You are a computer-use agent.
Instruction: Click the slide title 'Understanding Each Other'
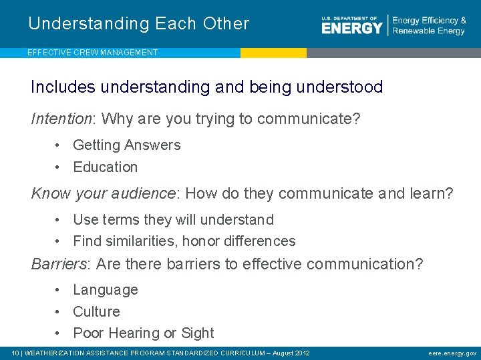coord(138,24)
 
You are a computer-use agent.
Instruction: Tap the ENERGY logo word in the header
coord(351,27)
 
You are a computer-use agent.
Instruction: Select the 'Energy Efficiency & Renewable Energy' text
coord(429,26)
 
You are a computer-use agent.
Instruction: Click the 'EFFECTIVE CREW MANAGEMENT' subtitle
coord(93,53)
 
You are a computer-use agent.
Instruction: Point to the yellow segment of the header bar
coord(273,53)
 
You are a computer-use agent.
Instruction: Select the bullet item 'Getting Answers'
coord(126,145)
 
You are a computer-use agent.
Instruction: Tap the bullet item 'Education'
coord(105,167)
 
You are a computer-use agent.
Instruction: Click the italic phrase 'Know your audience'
coord(103,194)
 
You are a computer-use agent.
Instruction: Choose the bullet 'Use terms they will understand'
coord(173,220)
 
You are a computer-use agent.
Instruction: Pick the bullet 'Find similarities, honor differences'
coord(184,241)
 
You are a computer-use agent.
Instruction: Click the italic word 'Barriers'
coord(59,265)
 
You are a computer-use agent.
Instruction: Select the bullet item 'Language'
coord(105,290)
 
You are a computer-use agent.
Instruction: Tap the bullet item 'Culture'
coord(96,312)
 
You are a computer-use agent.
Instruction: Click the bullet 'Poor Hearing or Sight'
coord(143,333)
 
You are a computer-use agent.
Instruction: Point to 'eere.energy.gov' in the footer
coord(452,353)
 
